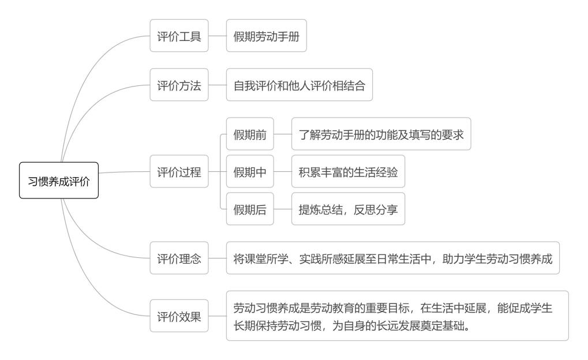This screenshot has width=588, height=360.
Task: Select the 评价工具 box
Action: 179,35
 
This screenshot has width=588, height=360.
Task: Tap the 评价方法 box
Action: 179,84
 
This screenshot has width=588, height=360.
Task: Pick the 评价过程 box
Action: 179,171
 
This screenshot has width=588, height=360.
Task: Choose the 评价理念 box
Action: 179,258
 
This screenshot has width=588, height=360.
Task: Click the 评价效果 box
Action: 179,316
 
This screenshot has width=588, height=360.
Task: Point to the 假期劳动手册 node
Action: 266,35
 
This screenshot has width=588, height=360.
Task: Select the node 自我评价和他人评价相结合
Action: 299,84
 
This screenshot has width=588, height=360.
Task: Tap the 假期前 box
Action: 250,134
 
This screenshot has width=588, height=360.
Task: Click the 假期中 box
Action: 250,171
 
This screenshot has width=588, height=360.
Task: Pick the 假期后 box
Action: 250,209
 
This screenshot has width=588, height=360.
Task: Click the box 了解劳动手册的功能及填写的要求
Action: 381,134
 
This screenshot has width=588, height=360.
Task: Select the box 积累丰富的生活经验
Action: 348,171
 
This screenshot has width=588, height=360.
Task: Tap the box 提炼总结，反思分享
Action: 348,209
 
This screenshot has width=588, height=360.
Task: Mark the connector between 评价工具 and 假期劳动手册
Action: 218,35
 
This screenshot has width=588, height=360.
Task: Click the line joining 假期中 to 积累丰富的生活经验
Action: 283,171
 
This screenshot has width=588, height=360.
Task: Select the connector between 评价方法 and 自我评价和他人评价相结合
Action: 218,84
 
